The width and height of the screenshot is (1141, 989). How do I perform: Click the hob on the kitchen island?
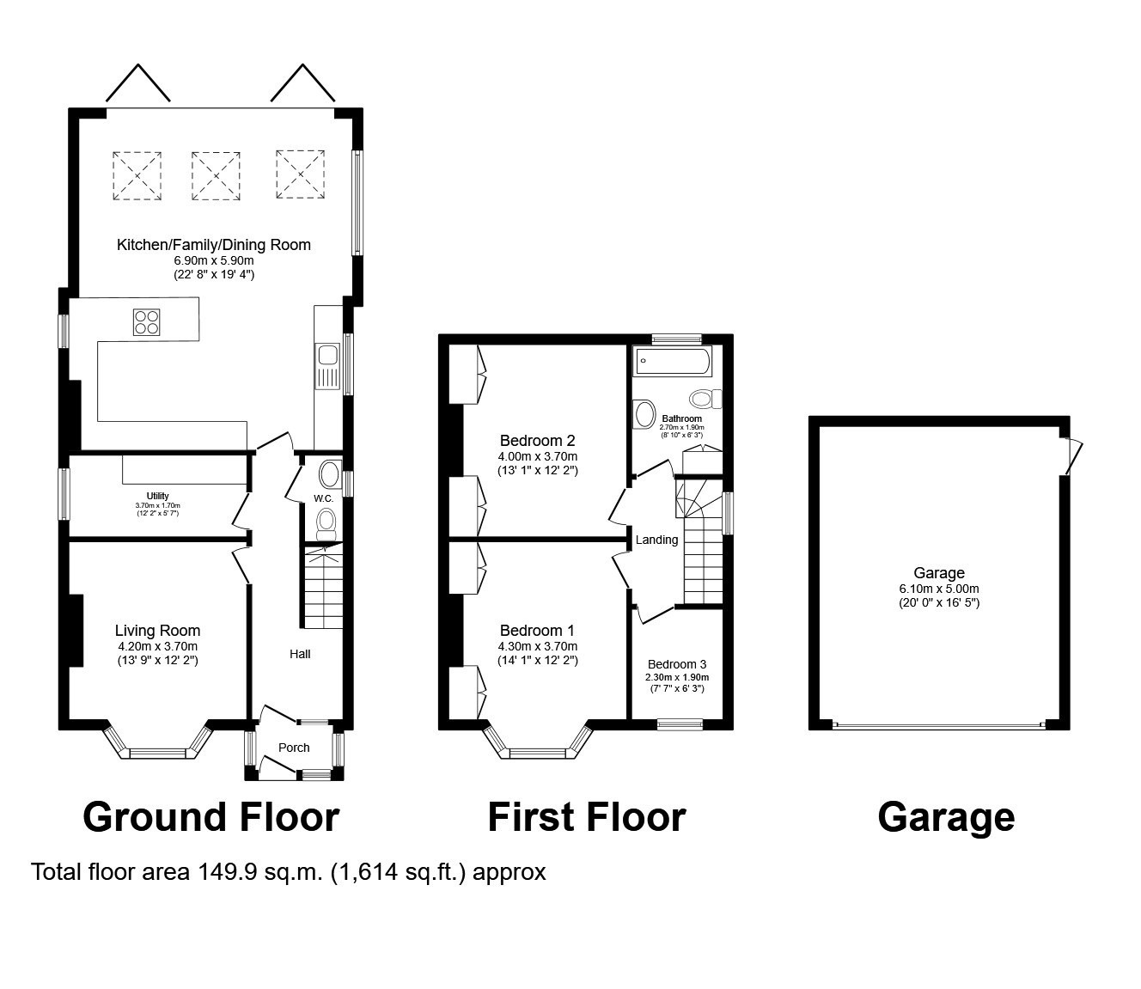coord(146,322)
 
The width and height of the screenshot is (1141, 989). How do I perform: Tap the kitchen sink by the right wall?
coord(327,366)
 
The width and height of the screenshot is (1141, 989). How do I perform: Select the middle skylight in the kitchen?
coord(216,175)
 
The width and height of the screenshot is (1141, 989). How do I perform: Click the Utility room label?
coord(158,496)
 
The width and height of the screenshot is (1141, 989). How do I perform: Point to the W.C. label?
coord(323,498)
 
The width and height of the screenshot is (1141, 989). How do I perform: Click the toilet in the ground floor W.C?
coord(326,524)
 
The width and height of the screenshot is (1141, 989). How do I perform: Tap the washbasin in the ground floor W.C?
coord(330,475)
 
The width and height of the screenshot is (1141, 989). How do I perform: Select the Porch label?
coord(294,748)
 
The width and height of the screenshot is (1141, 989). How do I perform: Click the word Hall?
coord(301,654)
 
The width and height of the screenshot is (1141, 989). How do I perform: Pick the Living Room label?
coord(157,630)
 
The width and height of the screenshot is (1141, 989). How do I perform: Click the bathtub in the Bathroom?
coord(673,361)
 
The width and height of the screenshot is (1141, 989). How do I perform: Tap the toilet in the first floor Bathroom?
coord(705,399)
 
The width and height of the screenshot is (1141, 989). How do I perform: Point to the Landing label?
coord(657,540)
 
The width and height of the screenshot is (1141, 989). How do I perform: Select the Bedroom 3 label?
coord(677,664)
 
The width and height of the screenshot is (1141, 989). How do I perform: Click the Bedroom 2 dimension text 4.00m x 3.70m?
coord(538,456)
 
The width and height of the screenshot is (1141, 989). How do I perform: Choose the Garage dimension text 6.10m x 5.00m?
coord(939,589)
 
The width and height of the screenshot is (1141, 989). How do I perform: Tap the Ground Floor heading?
coord(211,817)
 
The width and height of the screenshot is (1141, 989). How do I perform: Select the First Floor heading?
coord(587,817)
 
